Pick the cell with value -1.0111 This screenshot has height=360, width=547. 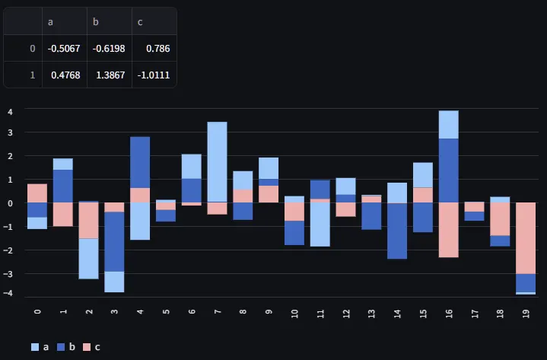153,75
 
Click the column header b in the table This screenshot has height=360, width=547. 96,22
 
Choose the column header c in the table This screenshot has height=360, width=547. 140,22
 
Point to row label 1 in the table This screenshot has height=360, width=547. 32,75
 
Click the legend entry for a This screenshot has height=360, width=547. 40,347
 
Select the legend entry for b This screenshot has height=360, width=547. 65,347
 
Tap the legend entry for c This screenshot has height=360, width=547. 91,347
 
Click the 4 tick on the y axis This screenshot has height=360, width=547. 11,112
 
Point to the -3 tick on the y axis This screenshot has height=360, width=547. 9,273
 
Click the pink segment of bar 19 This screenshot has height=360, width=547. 525,237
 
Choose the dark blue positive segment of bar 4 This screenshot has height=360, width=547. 140,162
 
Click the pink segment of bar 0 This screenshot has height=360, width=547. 37,193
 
